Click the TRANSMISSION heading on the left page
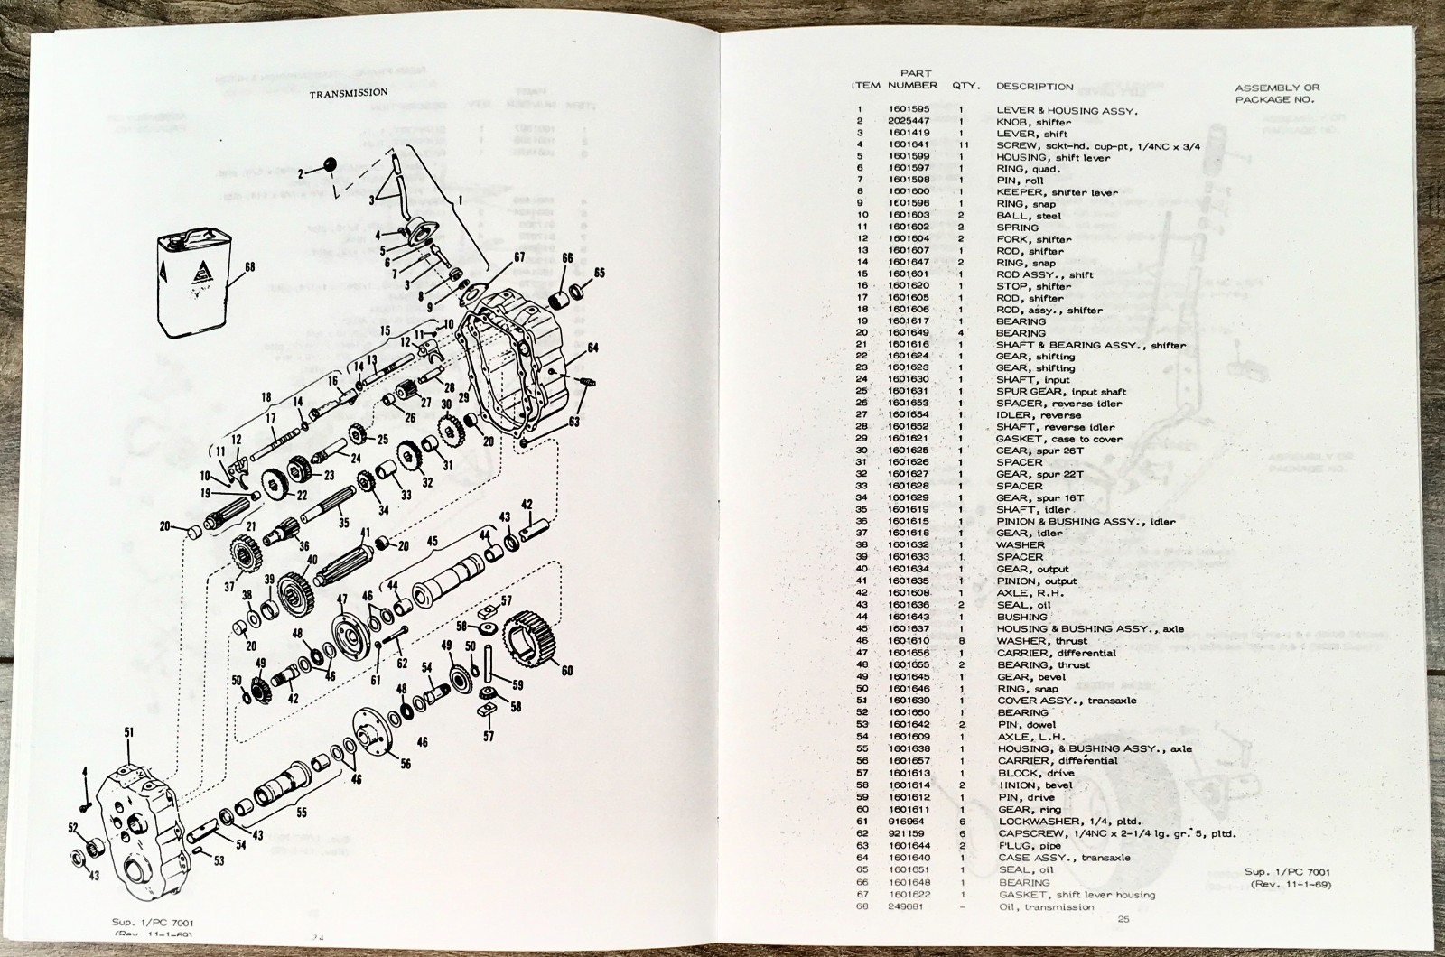point(349,92)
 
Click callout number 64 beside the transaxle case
point(592,348)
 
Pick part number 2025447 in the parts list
point(912,122)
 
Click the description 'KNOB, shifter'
point(1033,122)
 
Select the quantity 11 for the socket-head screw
point(962,145)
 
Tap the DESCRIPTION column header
point(1034,87)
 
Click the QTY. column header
point(966,86)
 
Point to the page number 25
point(1123,919)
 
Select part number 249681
point(907,906)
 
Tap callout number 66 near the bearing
point(567,258)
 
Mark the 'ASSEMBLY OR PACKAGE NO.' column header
point(1277,93)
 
